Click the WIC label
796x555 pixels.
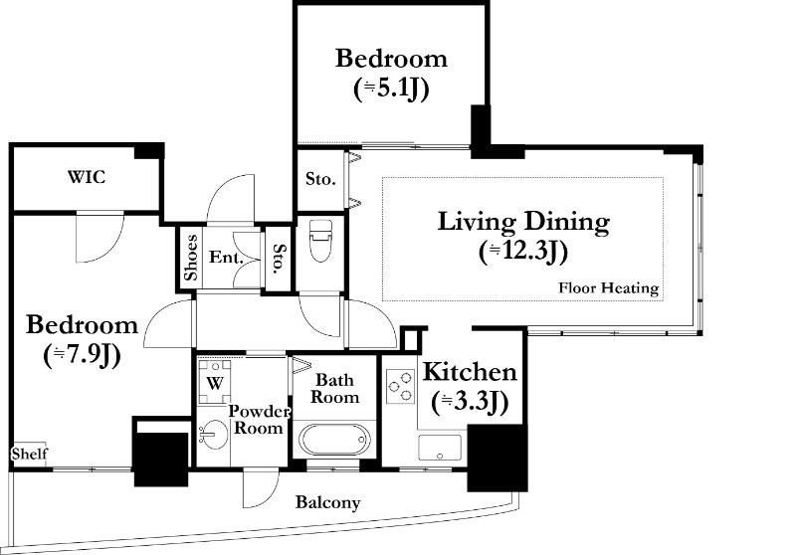click(87, 177)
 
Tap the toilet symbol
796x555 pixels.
click(320, 241)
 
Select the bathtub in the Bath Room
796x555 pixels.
click(334, 441)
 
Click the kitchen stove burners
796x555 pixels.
click(401, 386)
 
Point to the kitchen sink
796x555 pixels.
click(440, 448)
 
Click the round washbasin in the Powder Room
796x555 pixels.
click(214, 435)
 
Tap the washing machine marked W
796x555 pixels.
click(214, 382)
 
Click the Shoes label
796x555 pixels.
click(190, 258)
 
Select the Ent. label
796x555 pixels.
click(226, 258)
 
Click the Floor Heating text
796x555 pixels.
click(609, 288)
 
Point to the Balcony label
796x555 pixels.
click(328, 502)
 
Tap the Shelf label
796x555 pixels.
click(30, 454)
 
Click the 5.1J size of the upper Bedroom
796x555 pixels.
click(391, 89)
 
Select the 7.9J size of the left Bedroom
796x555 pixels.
click(83, 356)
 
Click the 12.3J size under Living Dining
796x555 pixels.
click(523, 252)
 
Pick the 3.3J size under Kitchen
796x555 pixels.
click(470, 402)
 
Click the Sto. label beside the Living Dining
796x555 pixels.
click(320, 179)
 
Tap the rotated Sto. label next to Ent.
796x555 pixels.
click(280, 258)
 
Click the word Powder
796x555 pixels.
click(259, 411)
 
